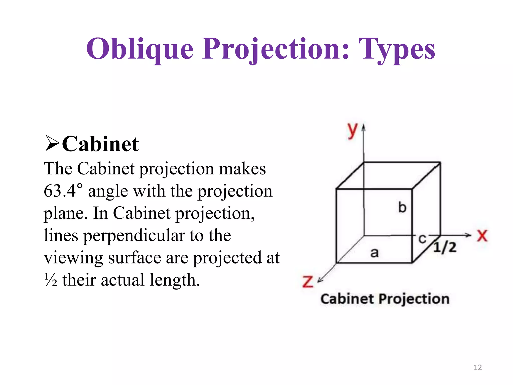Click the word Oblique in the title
click(140, 49)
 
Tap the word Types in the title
click(397, 49)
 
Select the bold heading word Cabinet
click(100, 144)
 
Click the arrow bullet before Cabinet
click(52, 143)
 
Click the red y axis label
click(352, 130)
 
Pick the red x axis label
click(482, 236)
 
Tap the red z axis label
click(308, 282)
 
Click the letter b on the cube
click(402, 208)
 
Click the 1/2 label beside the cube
click(445, 247)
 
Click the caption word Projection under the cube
click(414, 299)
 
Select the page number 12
click(478, 367)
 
